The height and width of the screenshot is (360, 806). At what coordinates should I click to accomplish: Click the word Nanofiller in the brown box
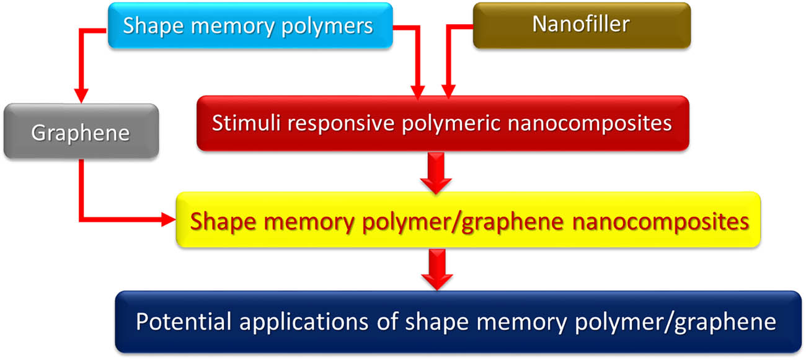click(x=581, y=24)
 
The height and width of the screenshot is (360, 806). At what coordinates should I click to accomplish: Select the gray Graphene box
click(x=81, y=132)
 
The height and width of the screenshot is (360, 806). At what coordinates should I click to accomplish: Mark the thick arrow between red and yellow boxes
click(x=436, y=174)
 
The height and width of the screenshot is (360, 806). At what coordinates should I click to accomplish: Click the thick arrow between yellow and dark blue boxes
click(x=436, y=269)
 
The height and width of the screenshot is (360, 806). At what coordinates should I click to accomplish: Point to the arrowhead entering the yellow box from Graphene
click(x=167, y=219)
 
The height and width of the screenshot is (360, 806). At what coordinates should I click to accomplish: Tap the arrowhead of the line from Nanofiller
click(x=448, y=92)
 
